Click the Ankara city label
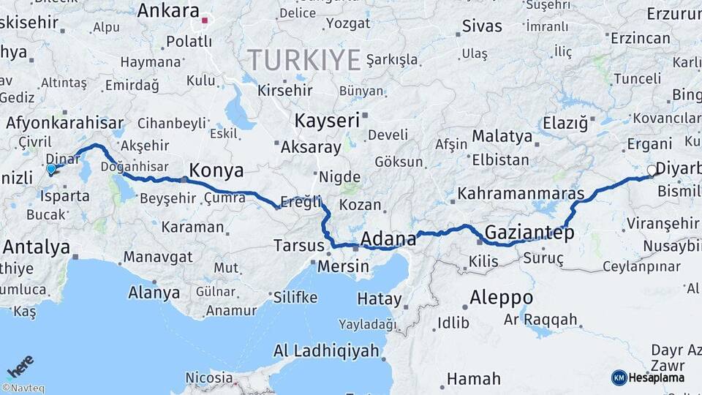[x=168, y=11]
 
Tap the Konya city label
[x=216, y=171]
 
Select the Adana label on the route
[x=389, y=238]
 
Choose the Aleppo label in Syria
[x=501, y=298]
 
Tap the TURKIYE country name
[x=303, y=59]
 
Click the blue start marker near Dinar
[x=51, y=170]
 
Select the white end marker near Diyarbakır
[x=652, y=170]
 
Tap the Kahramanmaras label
[x=521, y=195]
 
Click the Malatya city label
[x=502, y=136]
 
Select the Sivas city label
[x=482, y=27]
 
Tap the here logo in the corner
[x=20, y=365]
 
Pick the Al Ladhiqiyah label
[x=326, y=350]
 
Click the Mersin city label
[x=343, y=266]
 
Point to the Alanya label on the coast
[x=154, y=293]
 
